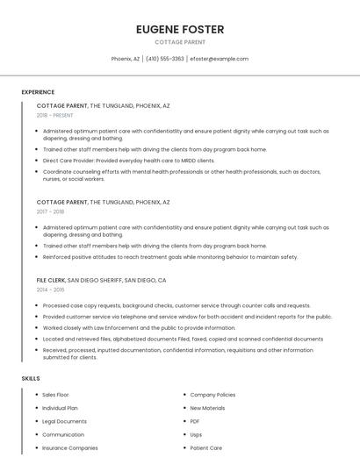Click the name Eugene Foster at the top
tap(180, 29)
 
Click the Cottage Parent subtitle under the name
tap(180, 42)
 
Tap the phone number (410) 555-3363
tap(164, 59)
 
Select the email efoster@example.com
tap(219, 59)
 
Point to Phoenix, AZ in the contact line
tap(126, 59)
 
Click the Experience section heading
tap(38, 92)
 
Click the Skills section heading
tap(31, 378)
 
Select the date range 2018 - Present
tap(54, 115)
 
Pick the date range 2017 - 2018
tap(50, 211)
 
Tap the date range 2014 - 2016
tap(50, 290)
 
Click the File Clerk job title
tap(51, 280)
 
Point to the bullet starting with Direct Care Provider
tap(128, 161)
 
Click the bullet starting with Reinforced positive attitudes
tap(169, 257)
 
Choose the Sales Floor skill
tap(55, 395)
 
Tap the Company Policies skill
tap(212, 395)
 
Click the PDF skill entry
tap(195, 421)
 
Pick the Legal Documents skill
tap(64, 421)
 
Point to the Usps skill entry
tap(196, 434)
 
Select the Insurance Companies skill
tap(69, 447)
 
